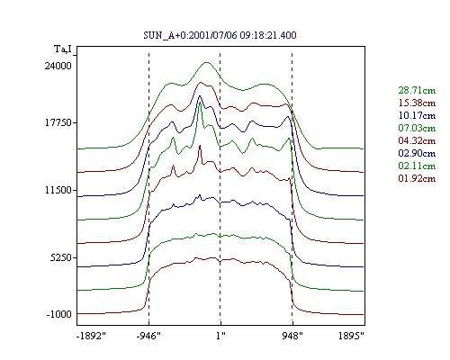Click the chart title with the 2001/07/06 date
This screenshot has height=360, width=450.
tap(220, 35)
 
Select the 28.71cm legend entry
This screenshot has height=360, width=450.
tap(417, 90)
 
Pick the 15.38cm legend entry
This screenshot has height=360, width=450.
tap(417, 103)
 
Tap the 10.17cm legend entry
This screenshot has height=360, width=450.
tap(417, 115)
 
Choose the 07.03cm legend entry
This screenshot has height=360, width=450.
tap(417, 128)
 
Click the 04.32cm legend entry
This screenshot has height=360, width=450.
tap(417, 140)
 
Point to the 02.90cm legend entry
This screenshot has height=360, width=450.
tap(417, 153)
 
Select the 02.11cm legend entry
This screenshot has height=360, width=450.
tap(417, 166)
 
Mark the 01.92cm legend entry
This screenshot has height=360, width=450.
tap(417, 178)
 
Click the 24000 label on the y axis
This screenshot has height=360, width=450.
tap(58, 66)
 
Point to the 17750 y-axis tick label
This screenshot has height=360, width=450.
tap(58, 123)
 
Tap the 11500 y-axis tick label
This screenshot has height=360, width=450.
tap(58, 190)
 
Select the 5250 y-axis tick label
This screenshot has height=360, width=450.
tap(61, 257)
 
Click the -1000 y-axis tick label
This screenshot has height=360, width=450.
tap(59, 314)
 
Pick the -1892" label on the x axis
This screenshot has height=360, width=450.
tap(92, 336)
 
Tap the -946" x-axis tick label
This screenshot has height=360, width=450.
tap(148, 336)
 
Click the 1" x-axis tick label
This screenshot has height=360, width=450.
tap(220, 336)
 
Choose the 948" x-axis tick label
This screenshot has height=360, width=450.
tap(292, 336)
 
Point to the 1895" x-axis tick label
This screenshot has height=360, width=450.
tap(351, 336)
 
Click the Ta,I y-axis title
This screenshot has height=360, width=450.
tap(63, 49)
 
